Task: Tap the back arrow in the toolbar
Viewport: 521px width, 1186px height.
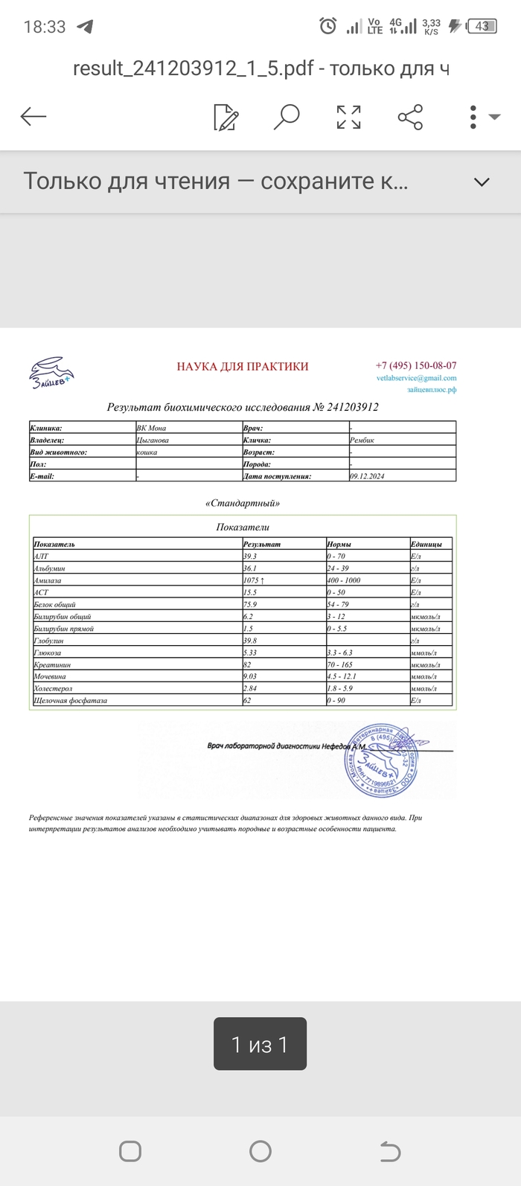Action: coord(33,117)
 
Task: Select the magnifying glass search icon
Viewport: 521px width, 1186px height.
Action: coord(287,117)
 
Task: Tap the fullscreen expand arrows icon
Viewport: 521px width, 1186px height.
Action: coord(348,117)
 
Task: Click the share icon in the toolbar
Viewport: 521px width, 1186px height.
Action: coord(410,117)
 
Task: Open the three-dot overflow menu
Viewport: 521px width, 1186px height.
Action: coord(474,117)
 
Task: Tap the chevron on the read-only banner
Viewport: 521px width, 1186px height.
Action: coord(482,182)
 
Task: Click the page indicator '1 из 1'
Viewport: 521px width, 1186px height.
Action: coord(260,1045)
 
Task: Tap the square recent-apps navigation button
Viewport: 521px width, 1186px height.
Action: coord(130,1152)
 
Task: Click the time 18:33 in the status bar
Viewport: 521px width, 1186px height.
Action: coord(45,27)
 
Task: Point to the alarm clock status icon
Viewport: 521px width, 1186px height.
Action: coord(327,27)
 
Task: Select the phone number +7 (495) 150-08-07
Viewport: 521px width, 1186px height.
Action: coord(416,365)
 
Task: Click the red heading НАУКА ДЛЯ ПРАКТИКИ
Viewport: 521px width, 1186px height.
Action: coord(243,366)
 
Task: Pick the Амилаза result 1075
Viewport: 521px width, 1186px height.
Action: coord(253,580)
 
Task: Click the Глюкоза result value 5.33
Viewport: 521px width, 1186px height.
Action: coord(250,653)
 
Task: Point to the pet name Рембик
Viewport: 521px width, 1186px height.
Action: coord(362,440)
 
